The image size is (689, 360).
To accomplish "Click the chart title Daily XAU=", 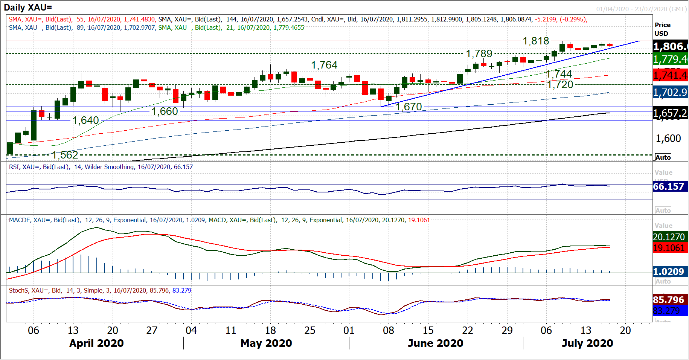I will click(x=28, y=8).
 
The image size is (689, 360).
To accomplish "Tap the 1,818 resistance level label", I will click(x=535, y=41).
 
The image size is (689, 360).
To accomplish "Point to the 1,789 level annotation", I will click(x=479, y=54).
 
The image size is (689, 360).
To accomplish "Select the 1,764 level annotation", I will click(x=324, y=65).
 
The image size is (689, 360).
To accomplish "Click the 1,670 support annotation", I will click(x=409, y=107).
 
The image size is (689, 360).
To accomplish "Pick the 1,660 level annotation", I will click(x=165, y=111).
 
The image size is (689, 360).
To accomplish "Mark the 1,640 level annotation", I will click(x=85, y=121).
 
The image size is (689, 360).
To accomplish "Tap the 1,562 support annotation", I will click(x=65, y=155).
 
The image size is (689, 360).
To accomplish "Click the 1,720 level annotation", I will click(x=560, y=85).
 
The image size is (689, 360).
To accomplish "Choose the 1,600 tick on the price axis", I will click(x=668, y=139).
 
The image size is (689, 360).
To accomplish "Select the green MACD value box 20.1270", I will click(x=669, y=237).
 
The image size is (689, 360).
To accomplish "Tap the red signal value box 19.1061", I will click(x=669, y=248).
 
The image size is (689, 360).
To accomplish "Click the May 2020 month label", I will click(x=266, y=343).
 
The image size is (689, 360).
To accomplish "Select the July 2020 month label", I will click(x=587, y=343).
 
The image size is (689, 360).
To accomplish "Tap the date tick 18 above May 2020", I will click(x=270, y=331).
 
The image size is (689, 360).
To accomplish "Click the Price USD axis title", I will click(x=662, y=29).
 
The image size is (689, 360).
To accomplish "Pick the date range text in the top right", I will click(x=641, y=9).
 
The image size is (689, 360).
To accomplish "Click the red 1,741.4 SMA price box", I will click(x=670, y=76).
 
